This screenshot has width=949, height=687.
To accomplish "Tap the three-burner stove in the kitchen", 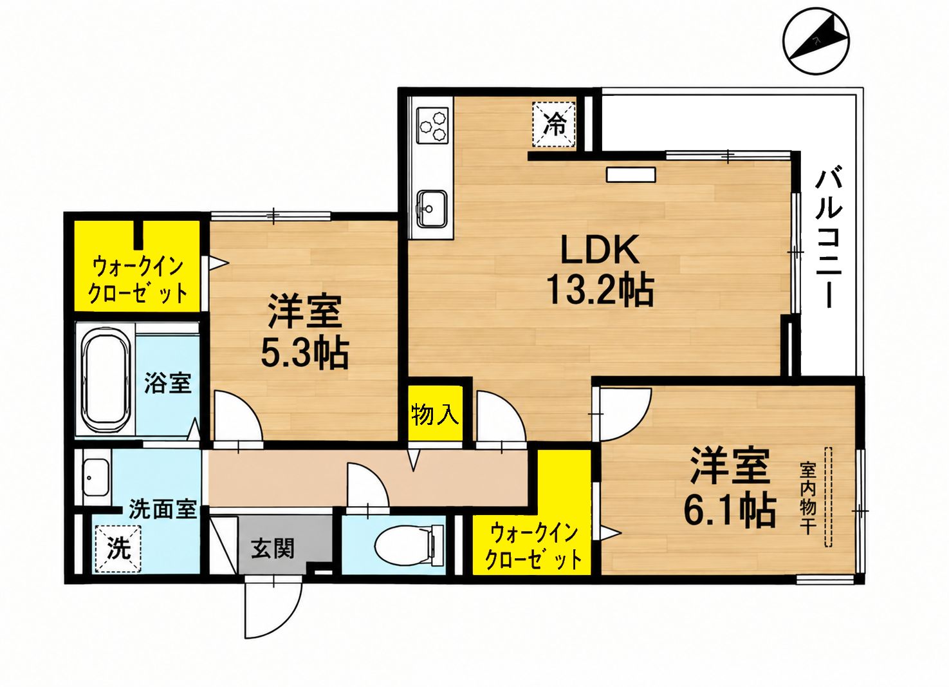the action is point(432,126).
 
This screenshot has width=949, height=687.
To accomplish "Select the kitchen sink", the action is point(432,209).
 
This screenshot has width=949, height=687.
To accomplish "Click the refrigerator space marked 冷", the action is point(554,125).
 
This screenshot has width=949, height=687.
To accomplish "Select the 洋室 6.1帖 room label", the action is point(730,491).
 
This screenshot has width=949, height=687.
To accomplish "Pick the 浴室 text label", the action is point(168,383).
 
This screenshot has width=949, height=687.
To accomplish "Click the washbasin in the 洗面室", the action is point(96,477).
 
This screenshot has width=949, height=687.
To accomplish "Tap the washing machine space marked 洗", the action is point(118,549).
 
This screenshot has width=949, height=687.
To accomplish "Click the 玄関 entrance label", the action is point(272,550).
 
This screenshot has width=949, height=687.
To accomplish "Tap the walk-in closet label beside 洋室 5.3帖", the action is point(138,280).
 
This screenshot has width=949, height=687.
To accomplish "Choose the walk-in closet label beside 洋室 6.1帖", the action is point(533,547).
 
